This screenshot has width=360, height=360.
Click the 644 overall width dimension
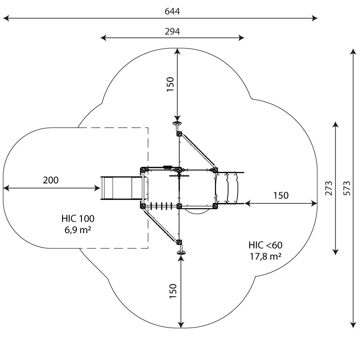[x=172, y=11]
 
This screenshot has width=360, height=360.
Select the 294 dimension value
[x=172, y=31]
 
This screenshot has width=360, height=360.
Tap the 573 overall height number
[x=347, y=188]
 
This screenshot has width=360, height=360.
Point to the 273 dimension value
[x=328, y=188]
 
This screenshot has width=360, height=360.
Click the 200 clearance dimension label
[x=51, y=180]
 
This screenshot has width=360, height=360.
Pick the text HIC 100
[x=78, y=219]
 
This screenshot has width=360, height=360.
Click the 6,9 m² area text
[x=77, y=229]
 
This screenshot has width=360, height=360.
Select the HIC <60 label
[x=265, y=245]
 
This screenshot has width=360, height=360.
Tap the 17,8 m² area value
[x=265, y=256]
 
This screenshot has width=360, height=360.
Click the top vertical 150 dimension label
[x=171, y=85]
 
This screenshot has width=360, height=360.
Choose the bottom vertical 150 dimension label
[x=173, y=291]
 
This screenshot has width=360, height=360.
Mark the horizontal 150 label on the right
[x=281, y=196]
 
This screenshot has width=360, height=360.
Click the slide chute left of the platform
[x=121, y=188]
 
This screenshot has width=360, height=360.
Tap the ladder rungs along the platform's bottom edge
[x=162, y=206]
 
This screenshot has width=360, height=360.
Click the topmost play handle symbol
[x=177, y=124]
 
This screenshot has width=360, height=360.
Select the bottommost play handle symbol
[x=181, y=253]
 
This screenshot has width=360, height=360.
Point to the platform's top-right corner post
[x=215, y=170]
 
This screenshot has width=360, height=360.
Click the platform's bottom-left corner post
[x=143, y=206]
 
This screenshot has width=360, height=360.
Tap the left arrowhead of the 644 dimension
[x=6, y=18]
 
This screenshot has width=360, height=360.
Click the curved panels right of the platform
[x=227, y=188]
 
